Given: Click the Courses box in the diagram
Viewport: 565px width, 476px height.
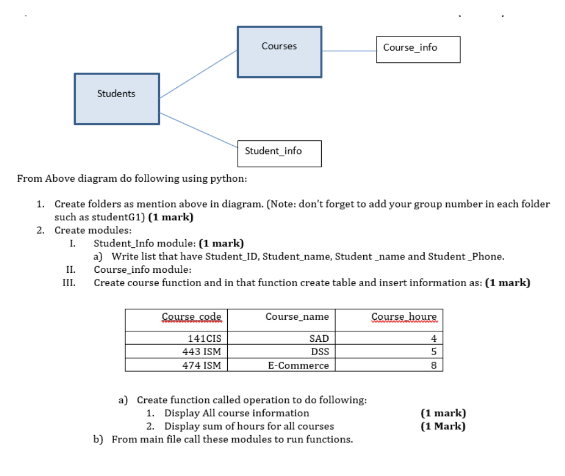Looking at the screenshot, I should pos(279,51).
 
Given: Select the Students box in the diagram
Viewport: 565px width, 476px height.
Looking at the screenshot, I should pos(117,98).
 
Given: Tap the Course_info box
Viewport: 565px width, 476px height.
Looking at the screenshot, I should pos(418,49).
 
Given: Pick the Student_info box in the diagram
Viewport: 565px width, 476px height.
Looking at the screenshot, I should pos(279,154).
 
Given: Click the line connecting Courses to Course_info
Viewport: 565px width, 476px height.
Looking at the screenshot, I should pos(349,51).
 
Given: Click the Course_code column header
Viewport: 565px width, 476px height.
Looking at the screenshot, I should pos(191,317).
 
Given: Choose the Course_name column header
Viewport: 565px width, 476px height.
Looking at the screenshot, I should pos(297,317).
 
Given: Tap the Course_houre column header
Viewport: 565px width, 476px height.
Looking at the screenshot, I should pos(404,317).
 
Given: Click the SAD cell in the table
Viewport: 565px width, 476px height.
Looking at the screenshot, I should pos(319,339).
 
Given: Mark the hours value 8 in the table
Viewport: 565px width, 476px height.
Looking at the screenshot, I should pos(434,366).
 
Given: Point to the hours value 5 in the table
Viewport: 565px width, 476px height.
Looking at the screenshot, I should pos(434,352).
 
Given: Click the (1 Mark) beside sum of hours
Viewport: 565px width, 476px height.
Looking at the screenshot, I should pos(443,426).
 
